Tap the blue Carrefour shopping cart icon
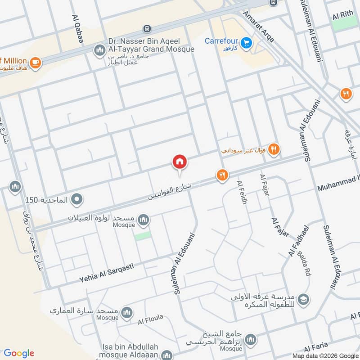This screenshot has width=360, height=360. coord(245,43)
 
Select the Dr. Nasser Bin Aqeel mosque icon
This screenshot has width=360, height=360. coord(99,49)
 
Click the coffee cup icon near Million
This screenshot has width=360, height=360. coord(36,62)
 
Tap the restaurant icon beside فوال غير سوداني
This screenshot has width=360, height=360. coord(274,149)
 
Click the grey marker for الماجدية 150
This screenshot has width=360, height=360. coord(77,198)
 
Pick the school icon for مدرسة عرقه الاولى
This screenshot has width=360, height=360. coord(304,299)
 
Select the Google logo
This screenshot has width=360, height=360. coord(19,353)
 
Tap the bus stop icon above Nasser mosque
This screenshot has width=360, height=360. coord(147,29)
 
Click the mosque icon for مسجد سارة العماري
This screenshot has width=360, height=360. coord(127,312)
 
